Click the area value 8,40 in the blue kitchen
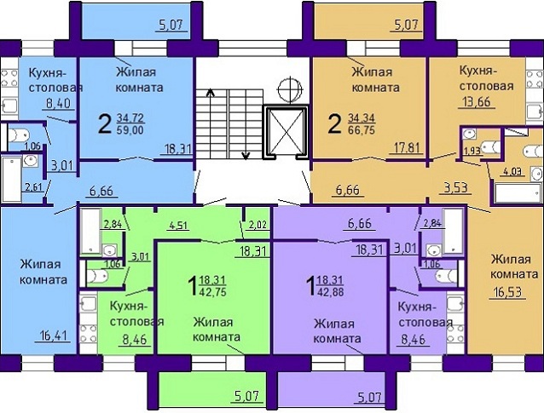click(x=58, y=103)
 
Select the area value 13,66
click(x=476, y=102)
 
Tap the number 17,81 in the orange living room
click(x=406, y=148)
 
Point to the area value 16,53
click(x=507, y=292)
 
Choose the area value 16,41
click(x=53, y=336)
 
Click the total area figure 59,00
click(x=130, y=130)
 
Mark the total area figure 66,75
click(x=362, y=129)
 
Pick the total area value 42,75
click(x=212, y=291)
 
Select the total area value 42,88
click(x=330, y=291)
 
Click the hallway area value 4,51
click(x=178, y=226)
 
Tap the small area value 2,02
click(x=258, y=225)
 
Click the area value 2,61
click(x=33, y=187)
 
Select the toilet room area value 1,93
click(x=472, y=151)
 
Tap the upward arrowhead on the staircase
click(x=210, y=92)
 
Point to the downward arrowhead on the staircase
click(x=246, y=157)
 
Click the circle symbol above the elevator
click(x=289, y=89)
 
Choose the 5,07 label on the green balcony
click(x=247, y=395)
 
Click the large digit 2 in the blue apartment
click(x=105, y=123)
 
